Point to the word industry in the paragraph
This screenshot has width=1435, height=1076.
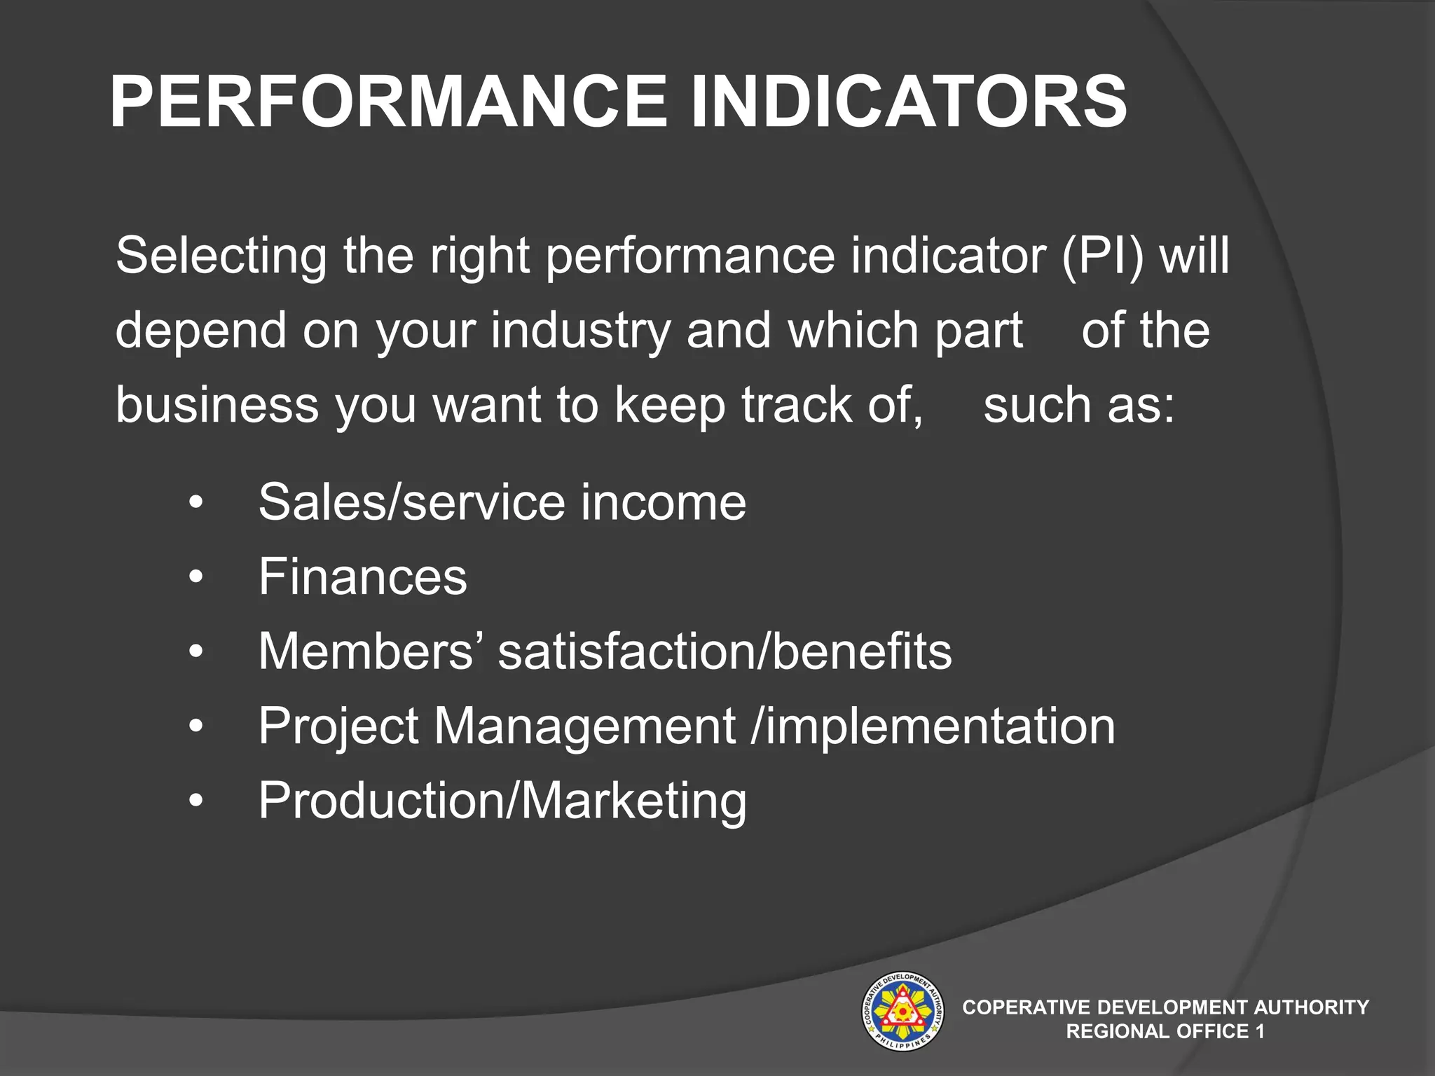(581, 331)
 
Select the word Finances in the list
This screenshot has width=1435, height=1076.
(362, 577)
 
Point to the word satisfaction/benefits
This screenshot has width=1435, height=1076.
(725, 651)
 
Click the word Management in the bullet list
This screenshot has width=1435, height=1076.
(584, 726)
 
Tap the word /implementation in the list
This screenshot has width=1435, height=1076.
(933, 726)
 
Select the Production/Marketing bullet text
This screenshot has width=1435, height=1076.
(502, 801)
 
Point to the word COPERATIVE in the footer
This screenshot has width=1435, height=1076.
(1026, 1007)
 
